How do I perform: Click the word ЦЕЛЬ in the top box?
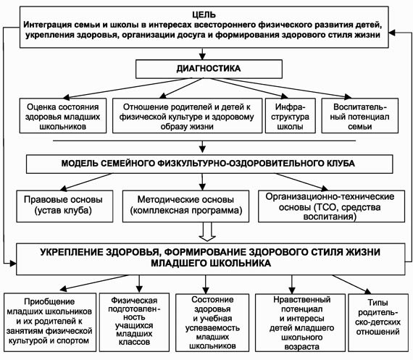point(204,14)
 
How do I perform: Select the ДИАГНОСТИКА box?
point(209,69)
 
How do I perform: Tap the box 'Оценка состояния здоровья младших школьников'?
point(63,116)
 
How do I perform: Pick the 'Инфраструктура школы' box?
point(291,116)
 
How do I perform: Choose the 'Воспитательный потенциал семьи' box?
point(360,116)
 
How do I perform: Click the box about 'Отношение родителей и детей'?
point(187,116)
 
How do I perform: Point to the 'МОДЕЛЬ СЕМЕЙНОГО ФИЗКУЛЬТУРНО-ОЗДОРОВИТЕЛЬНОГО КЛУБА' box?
point(209,164)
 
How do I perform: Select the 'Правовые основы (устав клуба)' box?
point(64,206)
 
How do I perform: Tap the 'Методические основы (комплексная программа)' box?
point(185,206)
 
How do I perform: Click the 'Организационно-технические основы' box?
point(331,206)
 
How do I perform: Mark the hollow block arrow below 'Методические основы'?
point(207,232)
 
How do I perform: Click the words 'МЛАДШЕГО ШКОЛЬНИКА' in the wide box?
point(211,263)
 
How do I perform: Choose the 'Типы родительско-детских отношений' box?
point(378,322)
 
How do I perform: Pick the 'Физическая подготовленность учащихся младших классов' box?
point(134,322)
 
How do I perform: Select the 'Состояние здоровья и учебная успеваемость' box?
point(212,322)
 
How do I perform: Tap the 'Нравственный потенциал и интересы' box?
point(300,322)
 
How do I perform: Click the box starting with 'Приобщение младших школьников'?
point(50,322)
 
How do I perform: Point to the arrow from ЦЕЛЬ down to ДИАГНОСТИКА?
point(202,54)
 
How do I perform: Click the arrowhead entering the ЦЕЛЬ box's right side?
point(392,33)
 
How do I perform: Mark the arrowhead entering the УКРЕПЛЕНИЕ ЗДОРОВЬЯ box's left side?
point(13,263)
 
